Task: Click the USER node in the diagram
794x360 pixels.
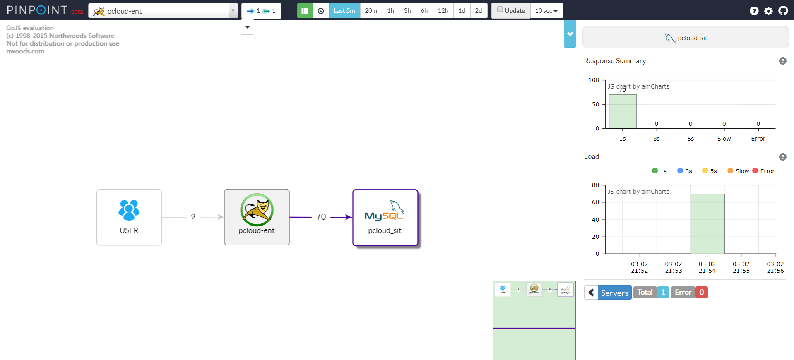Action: point(129,217)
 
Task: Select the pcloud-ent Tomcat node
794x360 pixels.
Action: point(257,217)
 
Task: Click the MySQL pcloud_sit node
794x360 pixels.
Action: point(385,217)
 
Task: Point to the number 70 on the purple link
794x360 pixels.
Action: point(321,217)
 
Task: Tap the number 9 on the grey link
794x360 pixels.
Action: point(193,217)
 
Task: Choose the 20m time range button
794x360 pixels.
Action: point(371,11)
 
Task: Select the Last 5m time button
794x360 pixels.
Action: point(344,11)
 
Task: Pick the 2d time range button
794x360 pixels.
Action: point(479,11)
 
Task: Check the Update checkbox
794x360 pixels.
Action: point(500,10)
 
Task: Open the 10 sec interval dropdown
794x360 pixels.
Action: point(546,11)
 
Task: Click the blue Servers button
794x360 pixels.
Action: point(614,293)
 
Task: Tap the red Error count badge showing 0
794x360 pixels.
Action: point(702,292)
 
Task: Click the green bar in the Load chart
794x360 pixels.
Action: point(707,223)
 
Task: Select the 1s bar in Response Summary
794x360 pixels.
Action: point(623,111)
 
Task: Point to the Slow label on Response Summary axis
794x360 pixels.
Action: point(724,139)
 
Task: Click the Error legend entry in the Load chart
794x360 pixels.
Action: point(763,171)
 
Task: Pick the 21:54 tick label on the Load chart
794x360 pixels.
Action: point(707,267)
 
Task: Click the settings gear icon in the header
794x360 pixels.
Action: point(769,11)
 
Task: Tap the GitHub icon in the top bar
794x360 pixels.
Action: point(783,11)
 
